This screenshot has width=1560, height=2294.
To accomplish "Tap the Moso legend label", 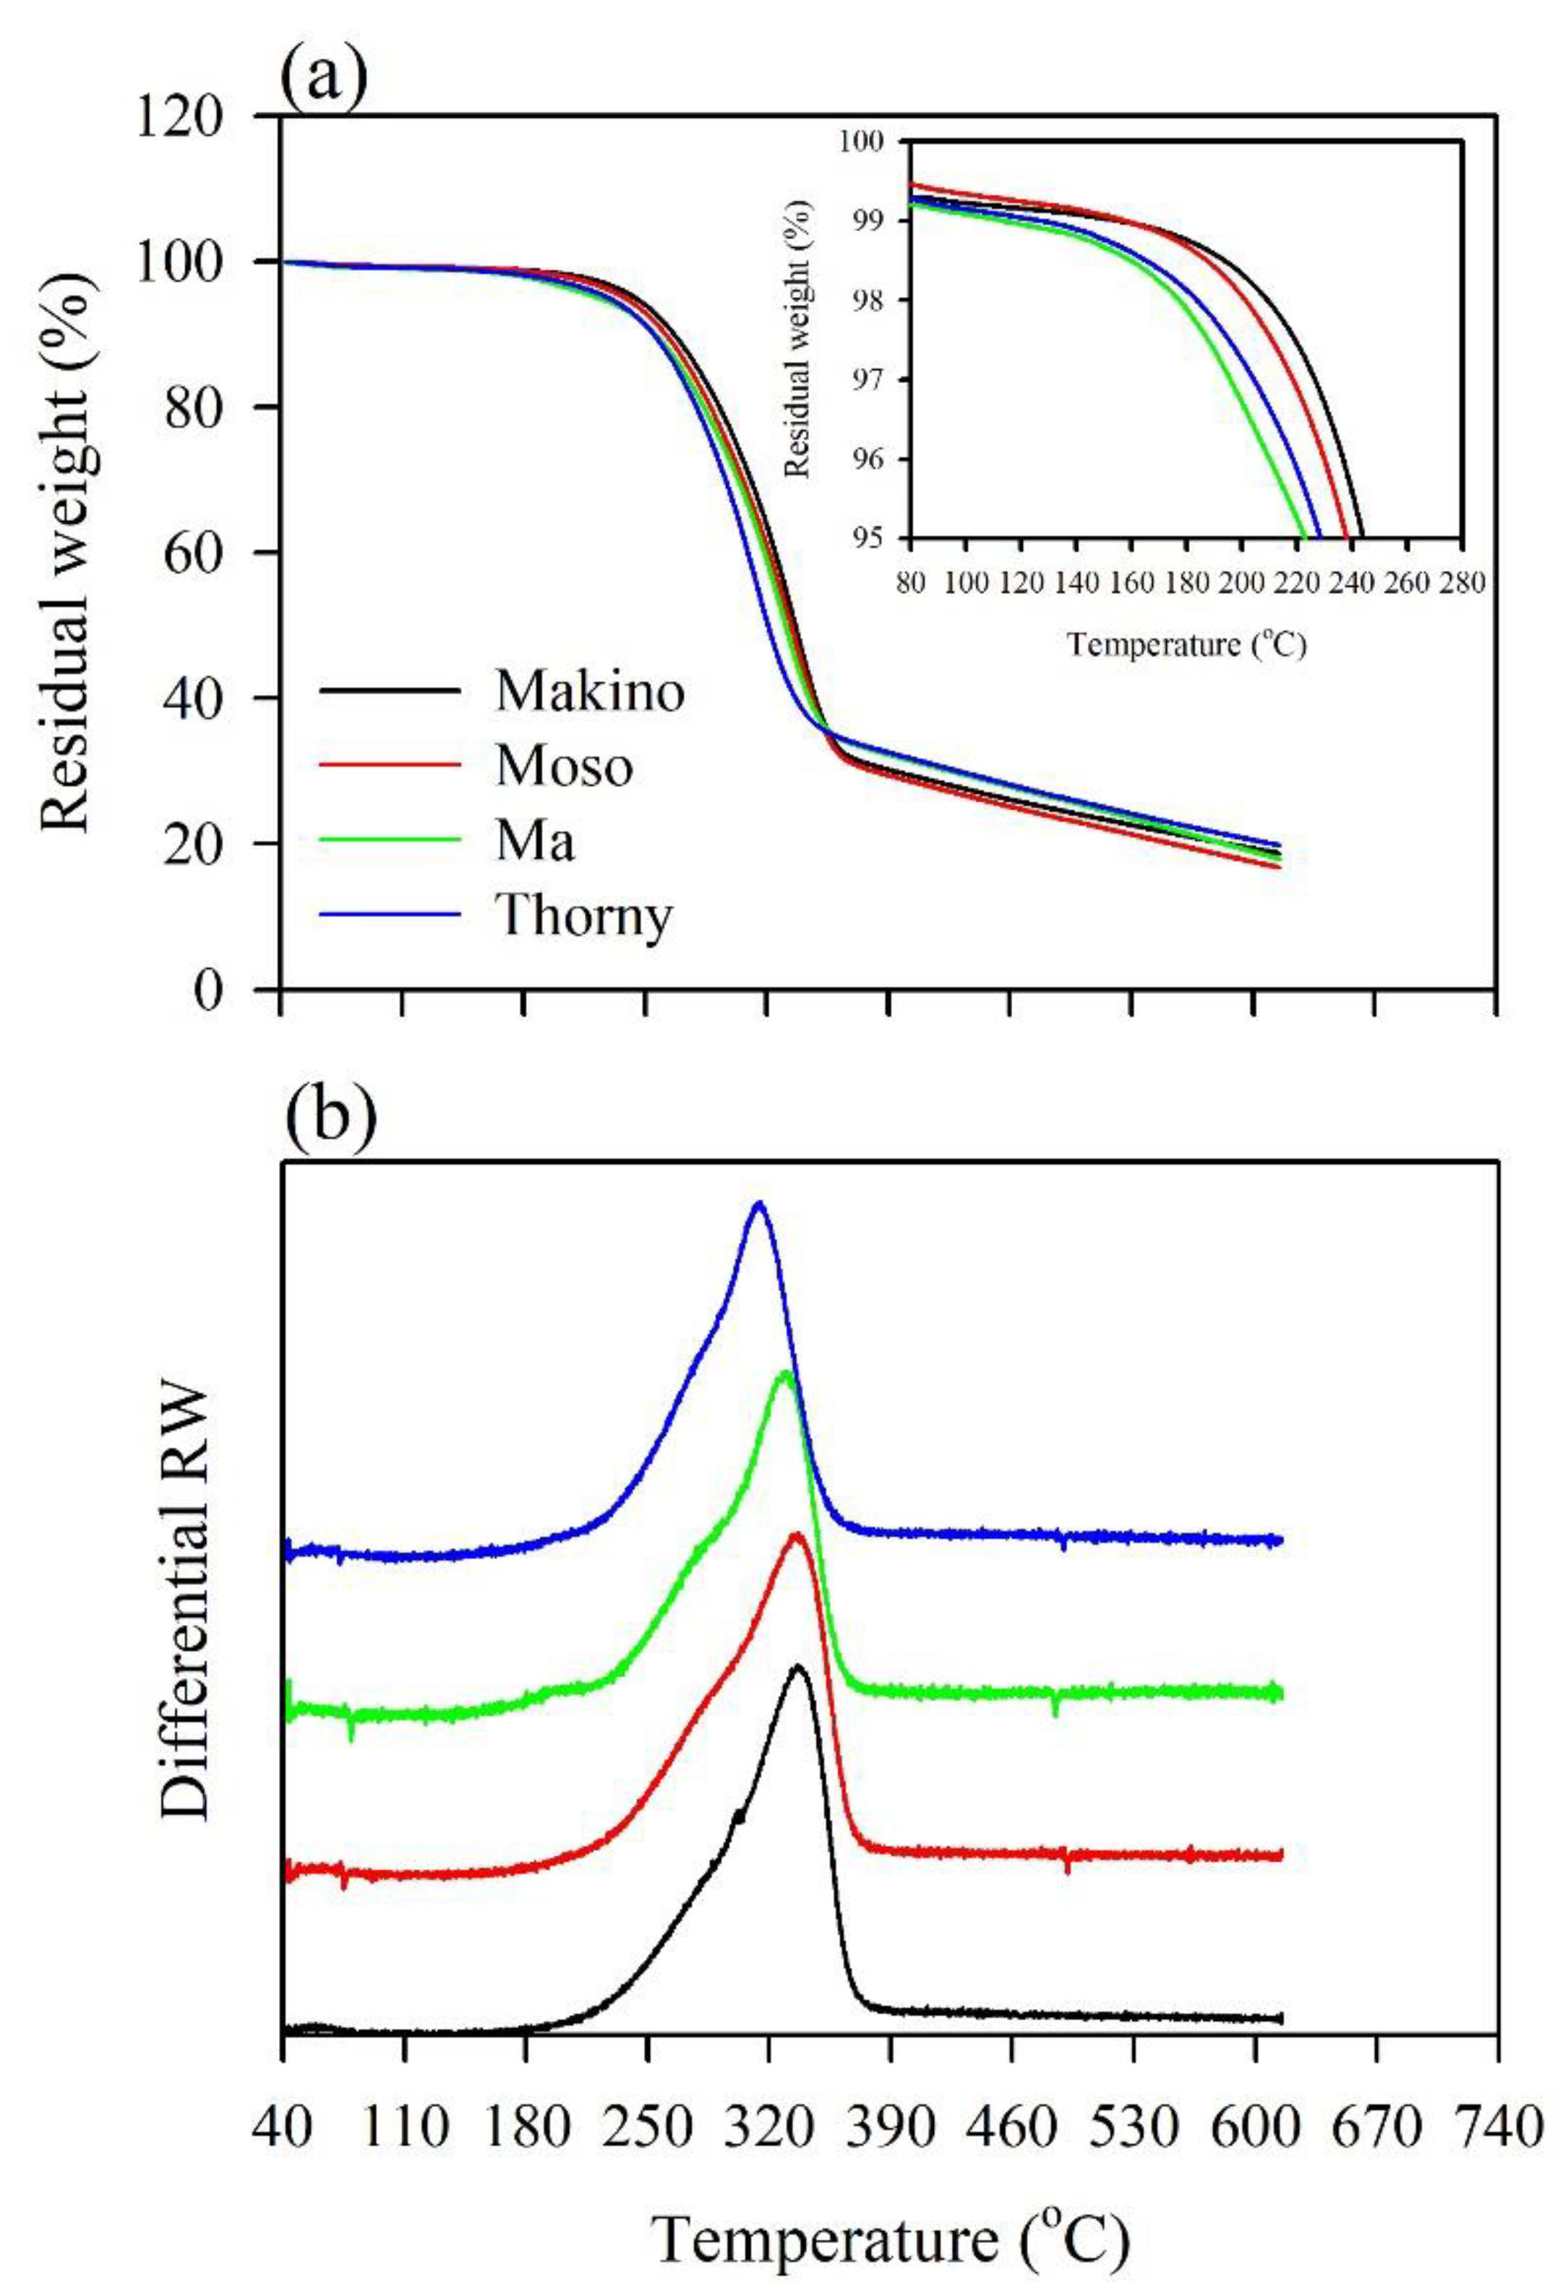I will pos(564,767).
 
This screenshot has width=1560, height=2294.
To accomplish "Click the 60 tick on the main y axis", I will pos(208,553).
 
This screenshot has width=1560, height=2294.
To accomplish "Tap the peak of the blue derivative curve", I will pos(758,1204).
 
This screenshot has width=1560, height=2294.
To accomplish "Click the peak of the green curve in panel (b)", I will pos(785,1373).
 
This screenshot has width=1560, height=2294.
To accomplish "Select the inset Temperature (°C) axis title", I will pos(1187,644).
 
